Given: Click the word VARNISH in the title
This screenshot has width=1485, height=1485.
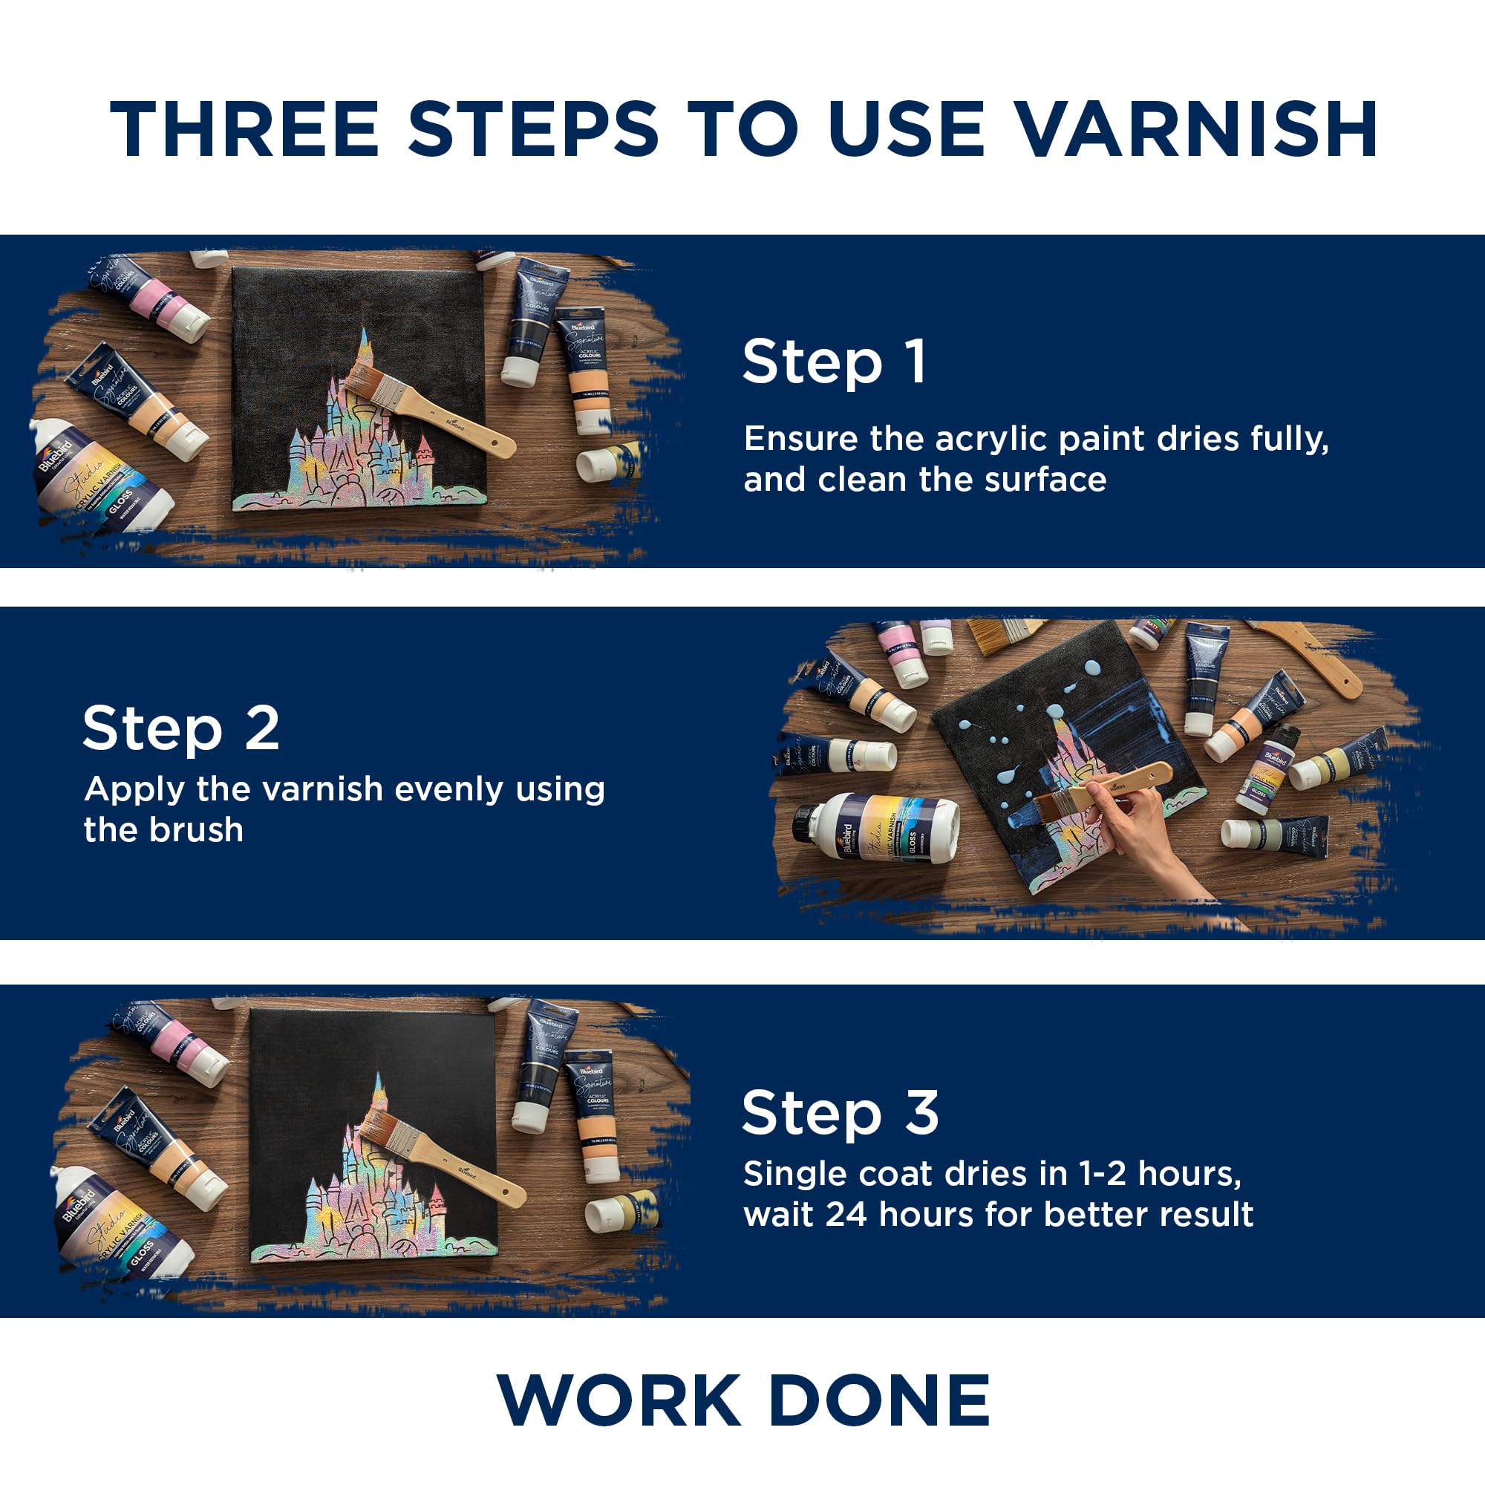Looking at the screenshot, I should point(1195,129).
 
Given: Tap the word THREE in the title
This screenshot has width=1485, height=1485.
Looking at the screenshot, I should point(244,129).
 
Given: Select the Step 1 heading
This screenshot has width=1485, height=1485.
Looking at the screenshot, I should point(834,362).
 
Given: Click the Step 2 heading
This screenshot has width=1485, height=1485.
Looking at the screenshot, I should point(180,728).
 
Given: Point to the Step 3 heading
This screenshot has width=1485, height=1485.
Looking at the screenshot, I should point(840,1112).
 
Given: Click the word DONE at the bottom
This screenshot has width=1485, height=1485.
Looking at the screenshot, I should point(878,1400).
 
